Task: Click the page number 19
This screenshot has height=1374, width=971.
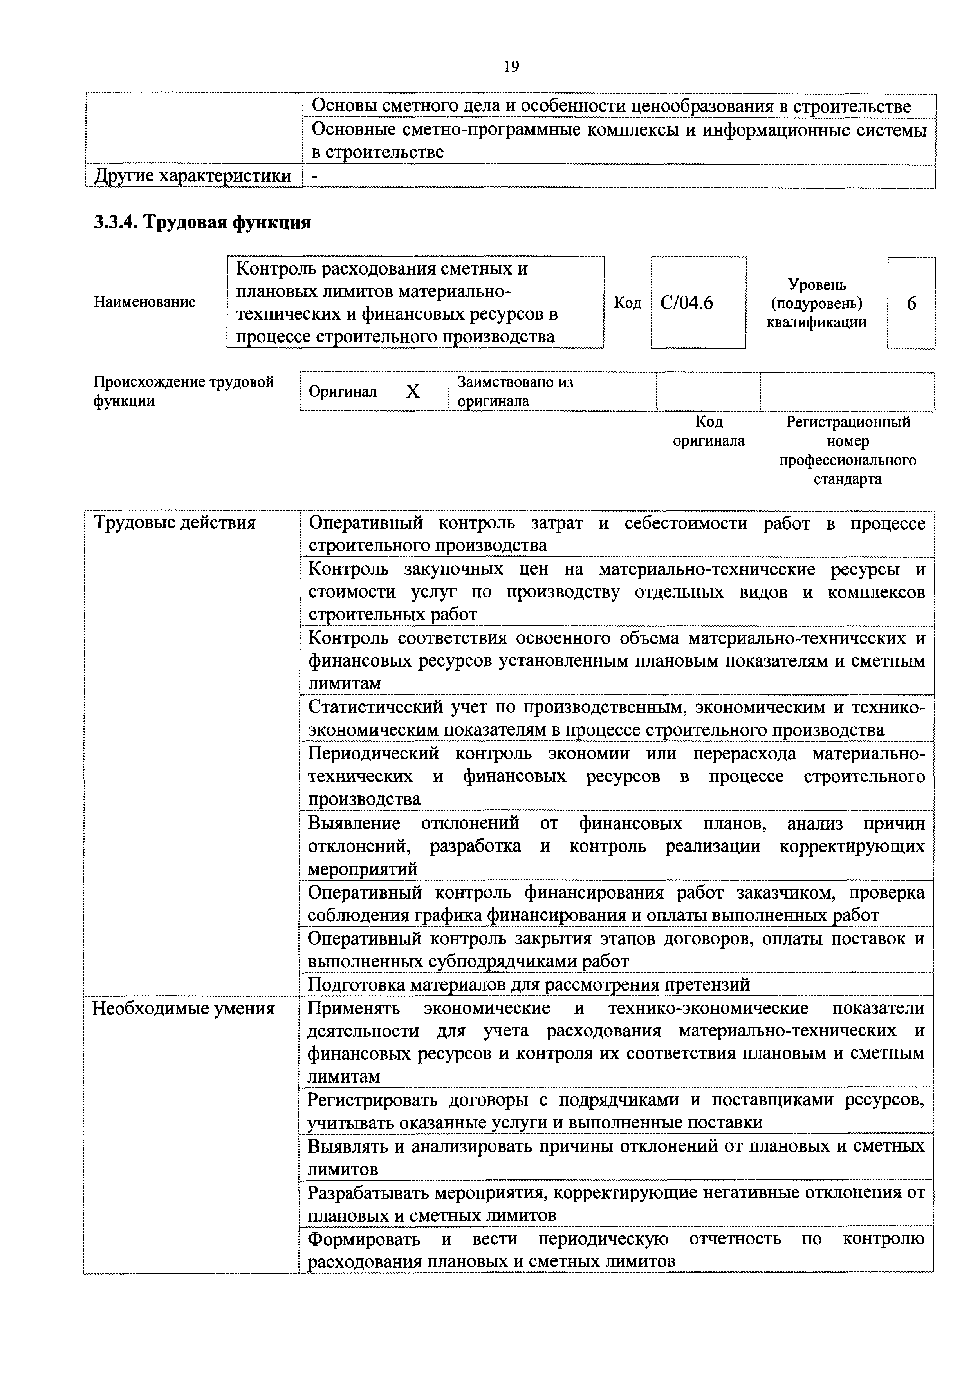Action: click(x=511, y=67)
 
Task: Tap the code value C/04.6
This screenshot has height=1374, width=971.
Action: click(x=686, y=304)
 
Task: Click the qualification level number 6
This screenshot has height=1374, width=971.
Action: click(x=911, y=304)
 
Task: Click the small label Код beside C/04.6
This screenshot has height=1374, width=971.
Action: click(x=628, y=304)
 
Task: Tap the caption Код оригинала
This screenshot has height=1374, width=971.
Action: click(x=709, y=432)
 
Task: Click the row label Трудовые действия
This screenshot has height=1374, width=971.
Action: click(x=174, y=523)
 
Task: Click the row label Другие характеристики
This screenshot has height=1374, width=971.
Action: click(x=193, y=175)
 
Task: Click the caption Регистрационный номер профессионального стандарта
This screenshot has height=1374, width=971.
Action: click(x=847, y=450)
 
